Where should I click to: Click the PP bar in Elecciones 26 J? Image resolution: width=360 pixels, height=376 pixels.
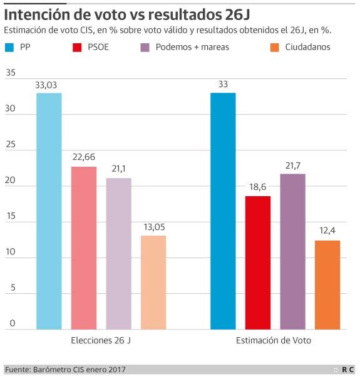pyautogui.click(x=49, y=211)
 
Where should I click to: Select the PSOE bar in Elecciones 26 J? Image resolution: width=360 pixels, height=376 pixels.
pyautogui.click(x=84, y=248)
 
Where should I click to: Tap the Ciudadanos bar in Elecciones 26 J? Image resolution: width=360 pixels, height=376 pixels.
pyautogui.click(x=153, y=282)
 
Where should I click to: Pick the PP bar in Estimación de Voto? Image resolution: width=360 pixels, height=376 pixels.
pyautogui.click(x=223, y=211)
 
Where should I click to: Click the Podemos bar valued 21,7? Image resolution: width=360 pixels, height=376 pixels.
pyautogui.click(x=292, y=251)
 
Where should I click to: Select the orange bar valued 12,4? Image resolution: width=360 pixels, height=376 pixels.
pyautogui.click(x=327, y=285)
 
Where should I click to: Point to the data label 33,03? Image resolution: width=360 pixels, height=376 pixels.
pyautogui.click(x=49, y=85)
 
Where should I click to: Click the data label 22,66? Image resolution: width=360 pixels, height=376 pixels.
pyautogui.click(x=84, y=157)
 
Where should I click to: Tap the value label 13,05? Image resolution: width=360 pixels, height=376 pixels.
pyautogui.click(x=153, y=226)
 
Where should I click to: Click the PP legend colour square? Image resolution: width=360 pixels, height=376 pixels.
pyautogui.click(x=9, y=47)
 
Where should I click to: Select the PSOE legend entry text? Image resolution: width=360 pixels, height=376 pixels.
pyautogui.click(x=100, y=47)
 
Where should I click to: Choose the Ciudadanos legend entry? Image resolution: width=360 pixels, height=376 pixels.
pyautogui.click(x=307, y=47)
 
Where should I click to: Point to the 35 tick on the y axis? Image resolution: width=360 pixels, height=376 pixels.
pyautogui.click(x=10, y=73)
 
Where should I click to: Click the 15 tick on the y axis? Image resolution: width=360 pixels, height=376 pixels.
pyautogui.click(x=10, y=216)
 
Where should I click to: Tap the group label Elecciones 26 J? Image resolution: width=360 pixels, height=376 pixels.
pyautogui.click(x=101, y=340)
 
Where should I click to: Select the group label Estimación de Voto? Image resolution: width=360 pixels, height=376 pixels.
pyautogui.click(x=274, y=340)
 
